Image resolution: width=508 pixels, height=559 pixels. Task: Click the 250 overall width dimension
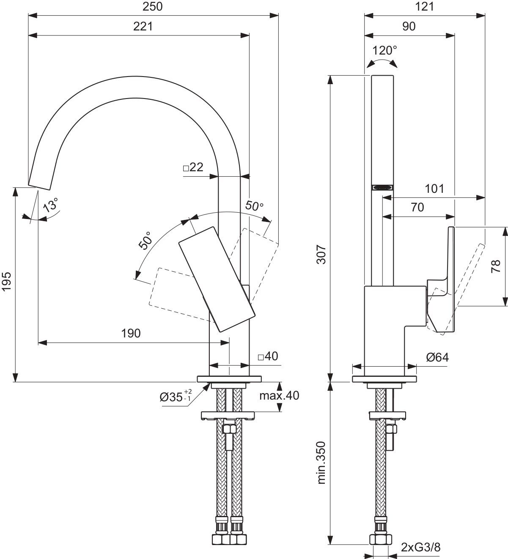pos(153,6)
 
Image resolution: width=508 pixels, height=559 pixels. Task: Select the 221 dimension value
pos(143,26)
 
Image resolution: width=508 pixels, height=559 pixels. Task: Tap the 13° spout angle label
pos(50,206)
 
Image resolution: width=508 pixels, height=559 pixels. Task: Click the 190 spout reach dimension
pos(131,334)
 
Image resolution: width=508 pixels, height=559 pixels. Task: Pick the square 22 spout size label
pos(193,167)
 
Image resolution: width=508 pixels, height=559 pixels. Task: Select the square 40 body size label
pos(268,356)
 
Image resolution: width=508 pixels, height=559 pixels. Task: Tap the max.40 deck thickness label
pos(280,396)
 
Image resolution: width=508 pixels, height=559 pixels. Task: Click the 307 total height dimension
pos(322,254)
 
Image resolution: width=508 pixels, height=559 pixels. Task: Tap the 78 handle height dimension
pos(497,265)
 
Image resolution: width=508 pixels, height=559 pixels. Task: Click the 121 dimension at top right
pos(425,6)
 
